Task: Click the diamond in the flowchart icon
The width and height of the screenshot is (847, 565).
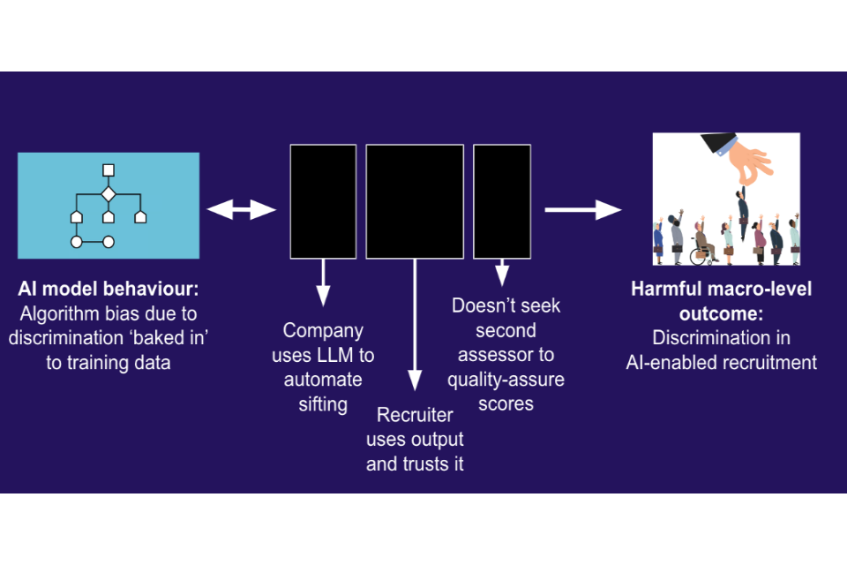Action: (109, 193)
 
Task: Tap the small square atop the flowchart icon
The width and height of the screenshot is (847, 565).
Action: (109, 170)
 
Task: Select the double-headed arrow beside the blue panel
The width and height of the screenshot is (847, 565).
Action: (242, 210)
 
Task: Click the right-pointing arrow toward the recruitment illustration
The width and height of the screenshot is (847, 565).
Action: (583, 210)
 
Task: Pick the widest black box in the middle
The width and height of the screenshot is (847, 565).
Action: (415, 201)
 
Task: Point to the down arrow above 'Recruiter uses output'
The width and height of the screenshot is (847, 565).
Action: (415, 325)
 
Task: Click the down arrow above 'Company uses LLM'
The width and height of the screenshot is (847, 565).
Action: (323, 282)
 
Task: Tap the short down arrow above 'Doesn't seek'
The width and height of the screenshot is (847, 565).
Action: (502, 273)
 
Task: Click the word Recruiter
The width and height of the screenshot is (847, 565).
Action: (415, 415)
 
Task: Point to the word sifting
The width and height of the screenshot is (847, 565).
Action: (323, 404)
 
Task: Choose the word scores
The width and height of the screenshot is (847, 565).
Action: (506, 403)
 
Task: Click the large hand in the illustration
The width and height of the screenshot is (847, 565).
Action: (738, 158)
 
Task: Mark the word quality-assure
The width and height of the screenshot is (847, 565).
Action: (506, 380)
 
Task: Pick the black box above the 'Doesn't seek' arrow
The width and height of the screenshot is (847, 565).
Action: (502, 201)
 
